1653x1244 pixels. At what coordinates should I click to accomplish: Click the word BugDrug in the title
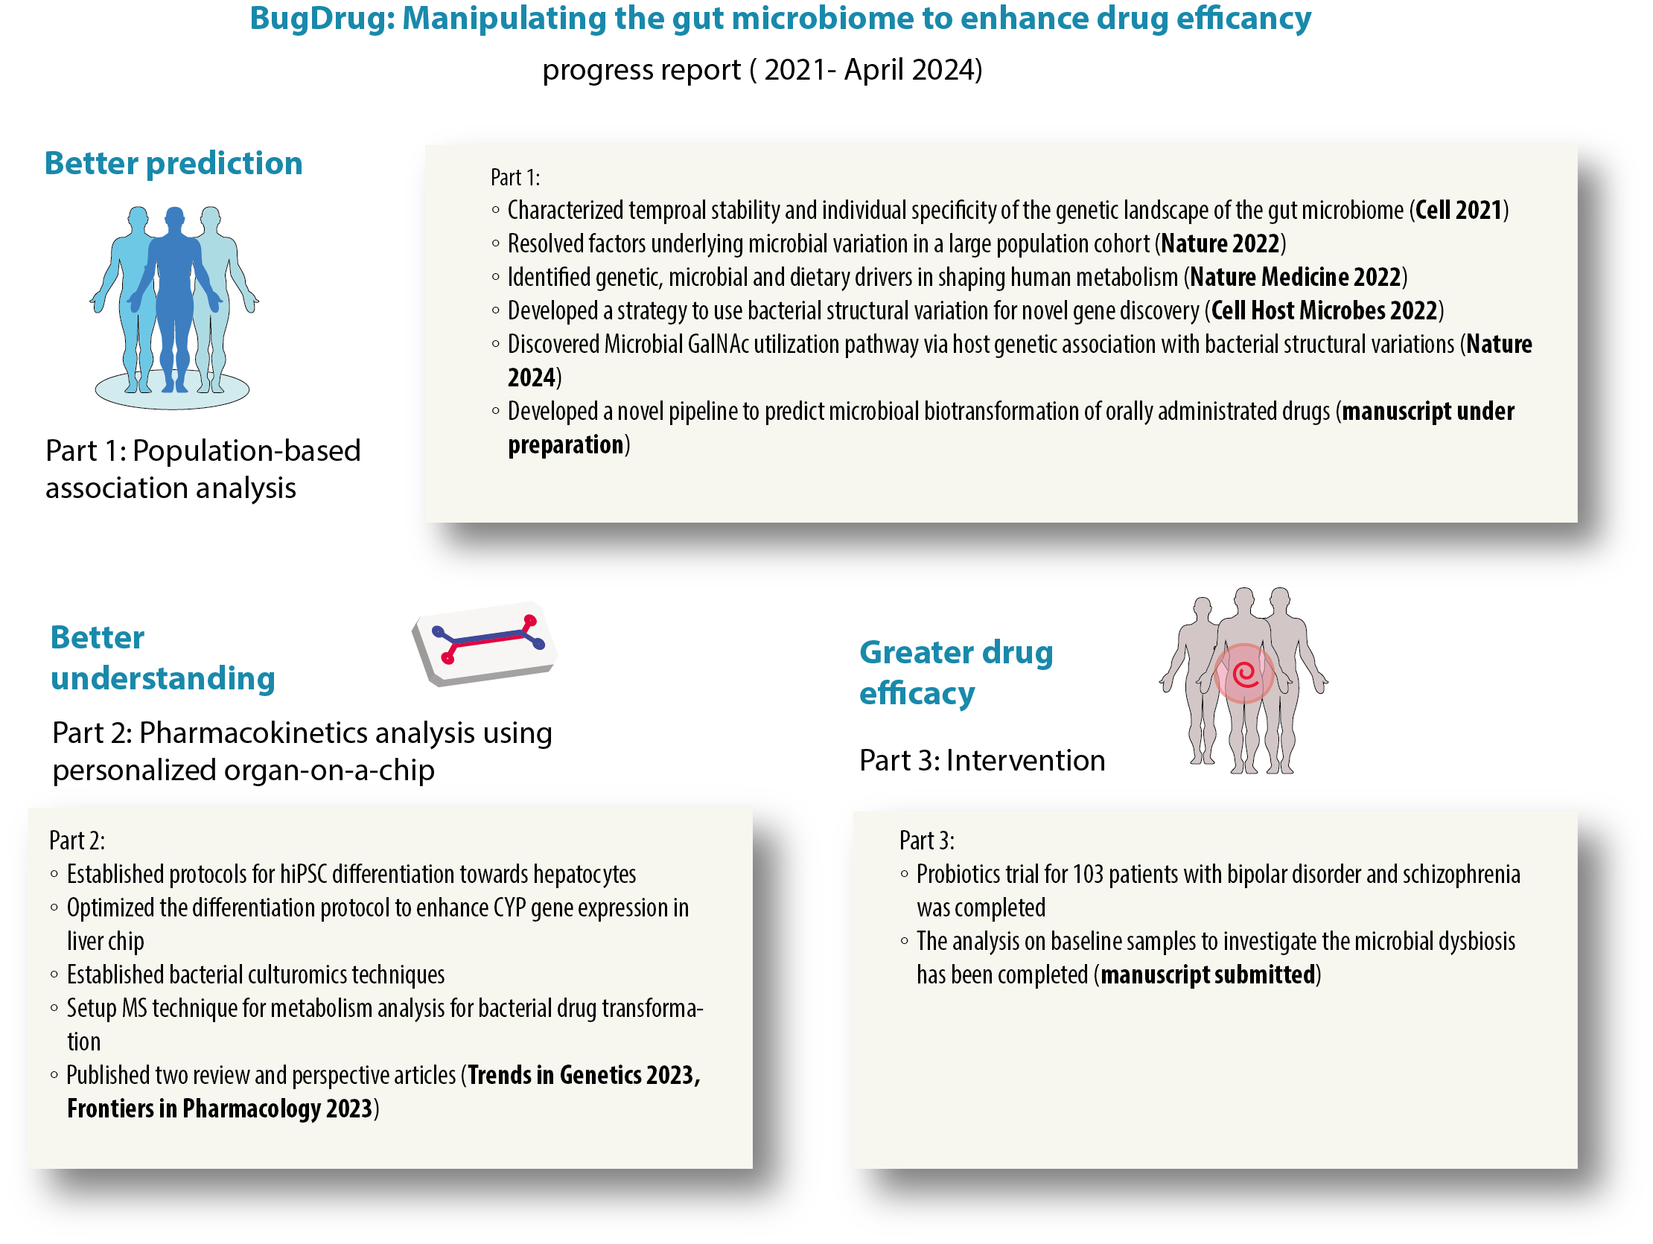[x=322, y=19]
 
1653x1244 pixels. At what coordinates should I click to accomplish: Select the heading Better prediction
[x=173, y=163]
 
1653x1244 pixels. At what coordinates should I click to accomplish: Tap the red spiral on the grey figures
[x=1244, y=674]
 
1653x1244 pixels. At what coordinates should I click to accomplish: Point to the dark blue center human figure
[x=175, y=299]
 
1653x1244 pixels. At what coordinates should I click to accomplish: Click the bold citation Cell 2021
[x=1458, y=211]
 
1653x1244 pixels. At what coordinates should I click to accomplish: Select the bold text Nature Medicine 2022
[x=1294, y=277]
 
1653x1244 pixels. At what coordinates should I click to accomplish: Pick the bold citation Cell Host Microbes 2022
[x=1323, y=310]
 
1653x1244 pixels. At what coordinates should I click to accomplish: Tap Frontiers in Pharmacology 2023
[x=220, y=1109]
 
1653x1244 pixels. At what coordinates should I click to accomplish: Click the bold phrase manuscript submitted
[x=1208, y=975]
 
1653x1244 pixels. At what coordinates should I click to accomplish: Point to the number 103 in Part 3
[x=1088, y=874]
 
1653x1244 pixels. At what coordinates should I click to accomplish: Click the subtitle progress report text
[x=762, y=70]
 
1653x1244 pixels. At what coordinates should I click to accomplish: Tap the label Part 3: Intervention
[x=982, y=761]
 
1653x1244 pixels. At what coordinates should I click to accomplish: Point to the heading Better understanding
[x=162, y=658]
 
